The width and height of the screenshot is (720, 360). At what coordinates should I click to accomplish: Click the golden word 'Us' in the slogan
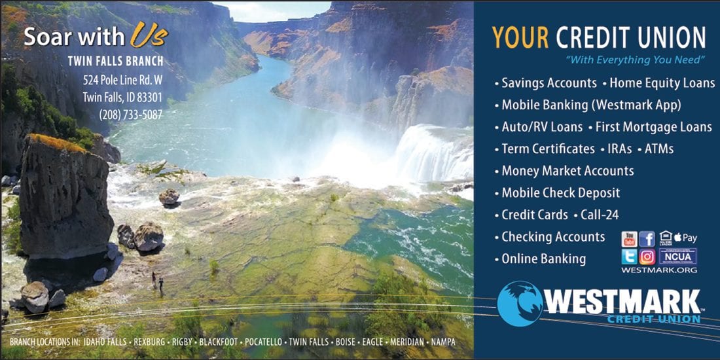(x=149, y=35)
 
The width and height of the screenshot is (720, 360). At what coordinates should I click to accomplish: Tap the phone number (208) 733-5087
(x=131, y=115)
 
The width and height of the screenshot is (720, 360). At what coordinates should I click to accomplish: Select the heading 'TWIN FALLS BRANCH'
(x=115, y=61)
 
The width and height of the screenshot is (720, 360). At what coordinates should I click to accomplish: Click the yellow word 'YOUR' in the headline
(x=520, y=37)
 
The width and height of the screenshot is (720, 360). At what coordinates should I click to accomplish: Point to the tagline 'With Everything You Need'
(x=635, y=60)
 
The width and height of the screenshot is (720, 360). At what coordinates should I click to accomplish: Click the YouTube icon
(x=629, y=239)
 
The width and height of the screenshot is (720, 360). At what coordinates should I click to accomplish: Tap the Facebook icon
(x=647, y=239)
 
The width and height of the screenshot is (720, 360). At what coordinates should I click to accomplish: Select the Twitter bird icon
(x=629, y=256)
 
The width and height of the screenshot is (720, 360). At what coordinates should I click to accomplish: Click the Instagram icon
(x=647, y=256)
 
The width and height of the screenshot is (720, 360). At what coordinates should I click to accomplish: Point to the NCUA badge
(x=677, y=256)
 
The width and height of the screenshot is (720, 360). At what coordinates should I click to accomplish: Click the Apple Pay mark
(x=685, y=238)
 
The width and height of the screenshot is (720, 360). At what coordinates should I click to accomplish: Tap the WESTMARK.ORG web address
(x=659, y=270)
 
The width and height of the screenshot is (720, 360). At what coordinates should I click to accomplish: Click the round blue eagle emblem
(x=520, y=304)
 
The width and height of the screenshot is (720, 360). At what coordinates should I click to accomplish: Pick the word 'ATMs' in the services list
(x=659, y=149)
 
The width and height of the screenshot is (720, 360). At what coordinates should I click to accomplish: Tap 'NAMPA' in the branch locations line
(x=442, y=342)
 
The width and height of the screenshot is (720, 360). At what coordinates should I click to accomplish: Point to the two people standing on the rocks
(x=157, y=281)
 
